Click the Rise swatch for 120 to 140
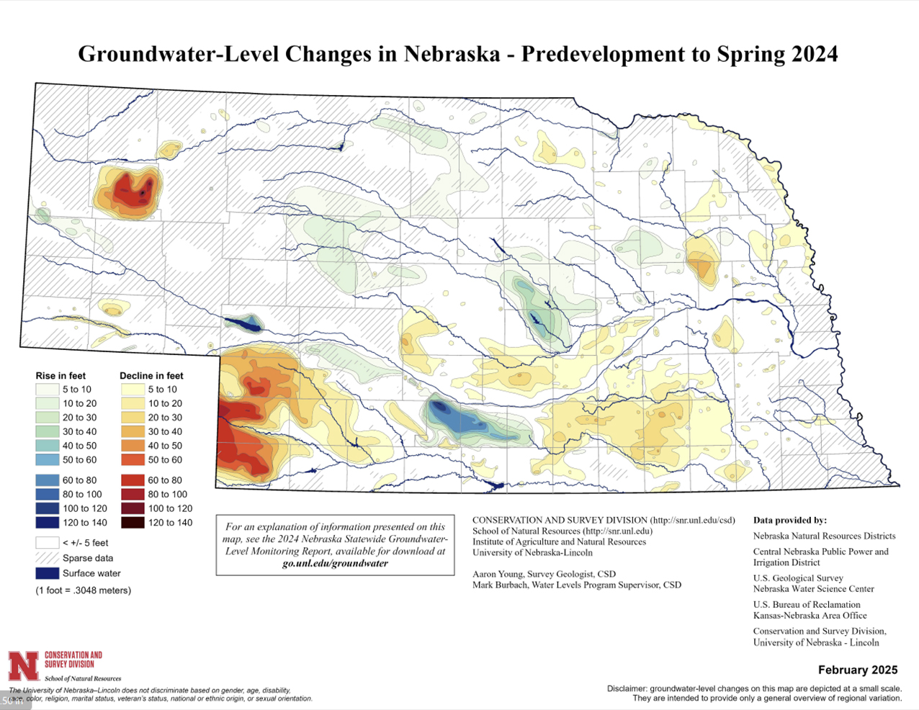coord(47,523)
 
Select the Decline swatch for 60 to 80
coord(133,480)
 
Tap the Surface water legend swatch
coord(47,573)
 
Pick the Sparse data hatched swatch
coord(47,558)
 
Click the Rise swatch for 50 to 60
coord(47,459)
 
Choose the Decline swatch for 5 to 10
coord(133,390)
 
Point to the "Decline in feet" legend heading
coord(151,376)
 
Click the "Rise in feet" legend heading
coord(60,376)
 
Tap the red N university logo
coord(23,666)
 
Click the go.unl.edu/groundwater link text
coord(335,563)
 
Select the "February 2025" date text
coord(858,670)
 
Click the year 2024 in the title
coord(815,54)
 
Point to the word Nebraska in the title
coord(452,54)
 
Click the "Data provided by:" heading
coord(789,520)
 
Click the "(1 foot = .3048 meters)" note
coord(84,590)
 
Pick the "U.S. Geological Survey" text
coord(798,578)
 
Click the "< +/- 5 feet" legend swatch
coord(47,543)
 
